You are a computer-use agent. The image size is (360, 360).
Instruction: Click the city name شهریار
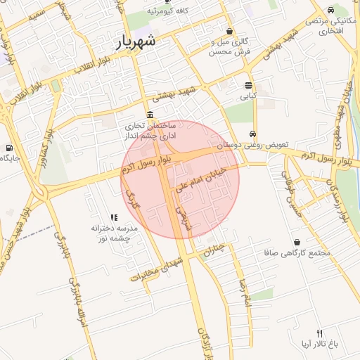(139, 42)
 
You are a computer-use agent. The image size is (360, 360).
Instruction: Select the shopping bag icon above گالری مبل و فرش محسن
(230, 31)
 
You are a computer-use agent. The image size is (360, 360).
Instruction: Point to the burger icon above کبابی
(248, 82)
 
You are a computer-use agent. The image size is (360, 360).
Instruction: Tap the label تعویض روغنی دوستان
(253, 145)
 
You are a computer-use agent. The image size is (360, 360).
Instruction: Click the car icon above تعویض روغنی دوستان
(252, 134)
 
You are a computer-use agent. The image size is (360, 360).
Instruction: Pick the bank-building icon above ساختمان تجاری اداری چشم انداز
(150, 115)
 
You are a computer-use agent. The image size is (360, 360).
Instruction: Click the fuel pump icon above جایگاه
(8, 148)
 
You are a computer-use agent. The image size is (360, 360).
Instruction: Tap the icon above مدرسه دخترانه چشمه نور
(114, 218)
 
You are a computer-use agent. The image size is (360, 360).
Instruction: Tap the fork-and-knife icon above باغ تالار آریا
(320, 333)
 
